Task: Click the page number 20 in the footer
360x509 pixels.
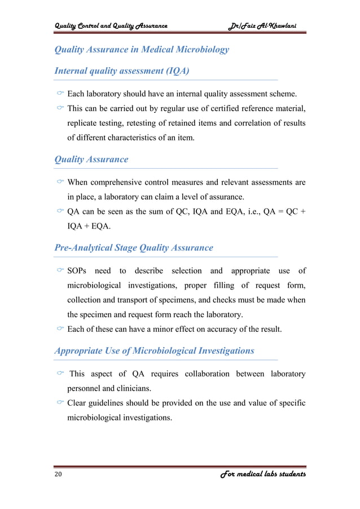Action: tap(58, 475)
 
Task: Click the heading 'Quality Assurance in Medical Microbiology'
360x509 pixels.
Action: tap(141, 49)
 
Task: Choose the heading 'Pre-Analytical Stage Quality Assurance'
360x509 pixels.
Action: tap(133, 247)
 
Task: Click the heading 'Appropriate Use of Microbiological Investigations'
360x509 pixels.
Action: tap(153, 350)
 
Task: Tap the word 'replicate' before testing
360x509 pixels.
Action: tap(85, 122)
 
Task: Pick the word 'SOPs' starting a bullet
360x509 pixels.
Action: tap(78, 271)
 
